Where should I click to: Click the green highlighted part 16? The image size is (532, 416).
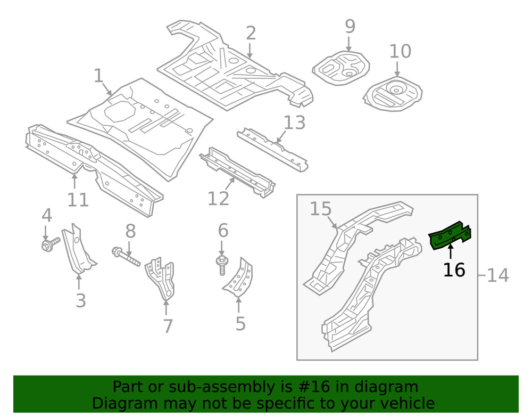click(450, 236)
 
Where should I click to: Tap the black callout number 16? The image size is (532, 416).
click(454, 270)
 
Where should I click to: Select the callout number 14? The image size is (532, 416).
click(497, 275)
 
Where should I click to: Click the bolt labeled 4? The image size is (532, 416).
click(48, 246)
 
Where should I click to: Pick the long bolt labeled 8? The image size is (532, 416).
click(126, 256)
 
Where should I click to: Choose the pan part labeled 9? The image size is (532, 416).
click(340, 67)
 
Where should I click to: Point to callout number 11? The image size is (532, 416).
click(78, 200)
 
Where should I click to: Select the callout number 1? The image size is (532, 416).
click(98, 76)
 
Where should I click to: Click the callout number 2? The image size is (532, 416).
click(251, 33)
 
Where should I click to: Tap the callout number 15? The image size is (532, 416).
click(321, 209)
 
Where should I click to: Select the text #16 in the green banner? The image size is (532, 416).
click(305, 387)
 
